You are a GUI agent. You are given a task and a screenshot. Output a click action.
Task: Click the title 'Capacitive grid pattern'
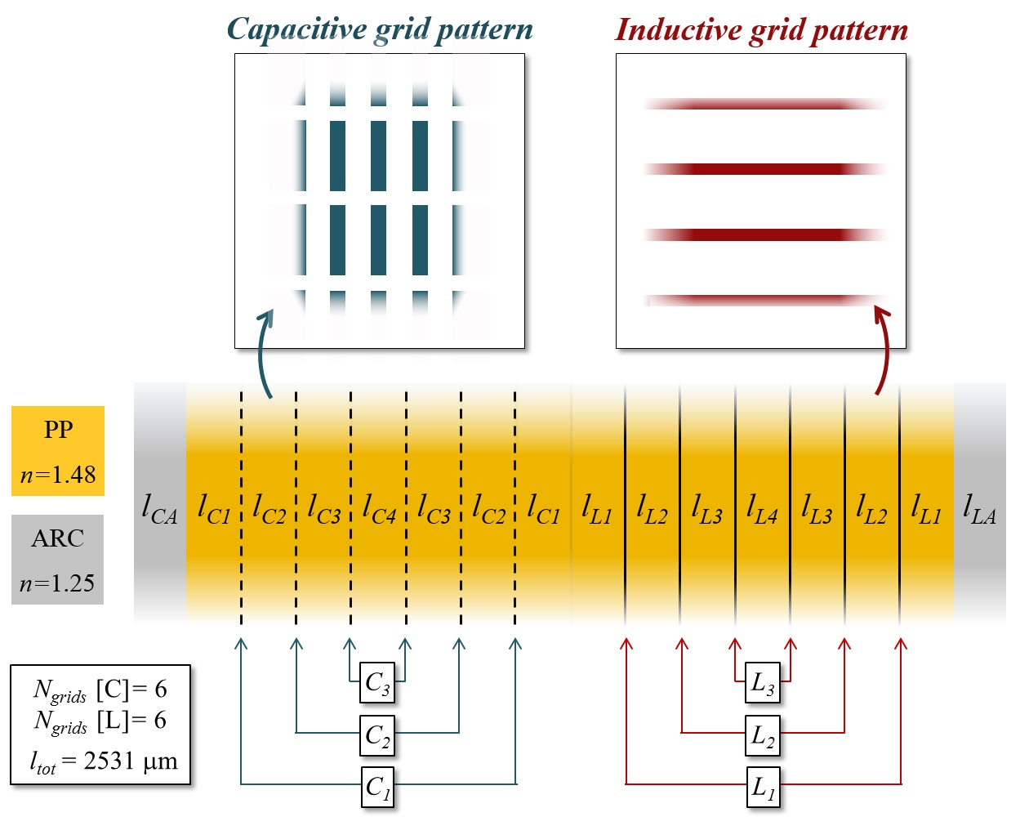tap(380, 29)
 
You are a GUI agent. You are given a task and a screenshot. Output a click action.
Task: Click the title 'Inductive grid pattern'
tap(761, 30)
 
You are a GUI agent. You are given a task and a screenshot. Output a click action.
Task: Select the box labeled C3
tap(377, 683)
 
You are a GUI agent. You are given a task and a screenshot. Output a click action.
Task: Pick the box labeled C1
tap(377, 787)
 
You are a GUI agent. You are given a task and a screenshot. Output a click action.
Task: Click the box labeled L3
tap(763, 683)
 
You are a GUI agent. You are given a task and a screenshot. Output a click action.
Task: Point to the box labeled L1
tap(763, 787)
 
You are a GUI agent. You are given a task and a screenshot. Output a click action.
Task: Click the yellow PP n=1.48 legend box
tap(58, 451)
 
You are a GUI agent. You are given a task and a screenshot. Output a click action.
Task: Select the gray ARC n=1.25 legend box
tap(58, 560)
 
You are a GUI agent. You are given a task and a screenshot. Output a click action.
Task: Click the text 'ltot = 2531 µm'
tap(104, 761)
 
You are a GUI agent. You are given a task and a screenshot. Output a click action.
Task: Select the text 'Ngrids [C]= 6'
tap(100, 690)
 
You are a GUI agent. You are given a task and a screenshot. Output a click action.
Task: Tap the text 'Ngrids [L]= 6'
tap(100, 721)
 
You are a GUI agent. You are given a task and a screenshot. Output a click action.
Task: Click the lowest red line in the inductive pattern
tap(765, 300)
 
